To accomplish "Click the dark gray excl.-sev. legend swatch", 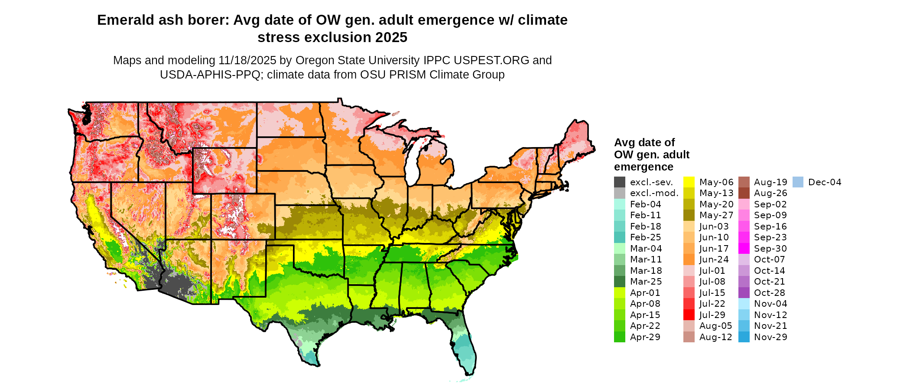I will pyautogui.click(x=620, y=182).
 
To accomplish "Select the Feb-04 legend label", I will pyautogui.click(x=646, y=204).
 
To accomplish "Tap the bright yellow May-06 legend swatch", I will pyautogui.click(x=689, y=182).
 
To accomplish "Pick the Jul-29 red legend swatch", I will pyautogui.click(x=689, y=315).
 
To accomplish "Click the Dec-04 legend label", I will pyautogui.click(x=825, y=182).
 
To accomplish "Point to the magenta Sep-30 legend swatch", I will pyautogui.click(x=744, y=249).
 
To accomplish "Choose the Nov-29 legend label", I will pyautogui.click(x=770, y=337).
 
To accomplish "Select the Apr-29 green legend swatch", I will pyautogui.click(x=620, y=337).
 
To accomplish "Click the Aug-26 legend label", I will pyautogui.click(x=770, y=193).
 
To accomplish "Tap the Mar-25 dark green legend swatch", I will pyautogui.click(x=620, y=282).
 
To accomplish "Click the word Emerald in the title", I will pyautogui.click(x=123, y=20).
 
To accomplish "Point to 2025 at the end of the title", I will pyautogui.click(x=391, y=38).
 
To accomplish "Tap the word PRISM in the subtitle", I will pyautogui.click(x=406, y=75).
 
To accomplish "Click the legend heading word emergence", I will pyautogui.click(x=643, y=167).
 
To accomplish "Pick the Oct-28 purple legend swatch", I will pyautogui.click(x=744, y=293).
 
